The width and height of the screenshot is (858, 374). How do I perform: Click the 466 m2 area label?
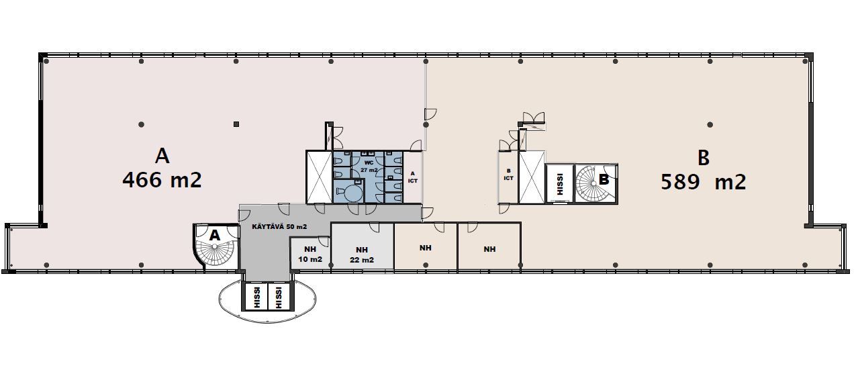[x=162, y=180]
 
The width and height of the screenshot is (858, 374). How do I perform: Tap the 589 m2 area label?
[x=704, y=182]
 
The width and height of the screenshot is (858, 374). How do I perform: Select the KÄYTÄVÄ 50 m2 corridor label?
[x=279, y=226]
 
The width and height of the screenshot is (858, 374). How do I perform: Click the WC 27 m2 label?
[x=369, y=167]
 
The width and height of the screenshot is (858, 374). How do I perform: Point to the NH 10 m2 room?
[x=310, y=254]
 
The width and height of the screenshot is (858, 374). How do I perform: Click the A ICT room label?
[x=412, y=177]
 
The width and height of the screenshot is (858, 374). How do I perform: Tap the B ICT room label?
[x=509, y=175]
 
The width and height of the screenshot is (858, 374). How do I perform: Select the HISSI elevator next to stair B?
[x=560, y=183]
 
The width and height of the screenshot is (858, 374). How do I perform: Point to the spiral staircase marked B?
[x=595, y=183]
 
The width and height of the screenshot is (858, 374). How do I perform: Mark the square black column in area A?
[x=236, y=124]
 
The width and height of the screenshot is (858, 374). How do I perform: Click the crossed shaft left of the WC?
[x=319, y=177]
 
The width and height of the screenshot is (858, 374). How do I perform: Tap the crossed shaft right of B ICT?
[x=532, y=177]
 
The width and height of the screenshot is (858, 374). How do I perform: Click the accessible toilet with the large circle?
[x=348, y=191]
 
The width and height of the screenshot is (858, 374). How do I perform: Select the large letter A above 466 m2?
[x=162, y=156]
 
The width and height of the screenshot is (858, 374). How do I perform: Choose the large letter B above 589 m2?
[x=704, y=158]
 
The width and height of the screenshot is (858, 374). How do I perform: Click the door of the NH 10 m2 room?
[x=324, y=242]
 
